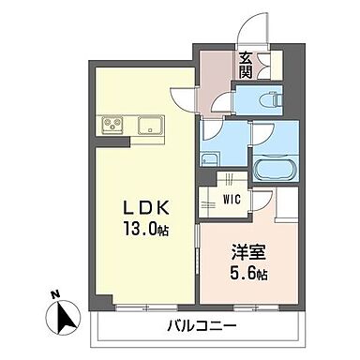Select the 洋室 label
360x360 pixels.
tap(246, 252)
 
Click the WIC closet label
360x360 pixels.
tap(231, 199)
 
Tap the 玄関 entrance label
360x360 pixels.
tap(245, 65)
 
